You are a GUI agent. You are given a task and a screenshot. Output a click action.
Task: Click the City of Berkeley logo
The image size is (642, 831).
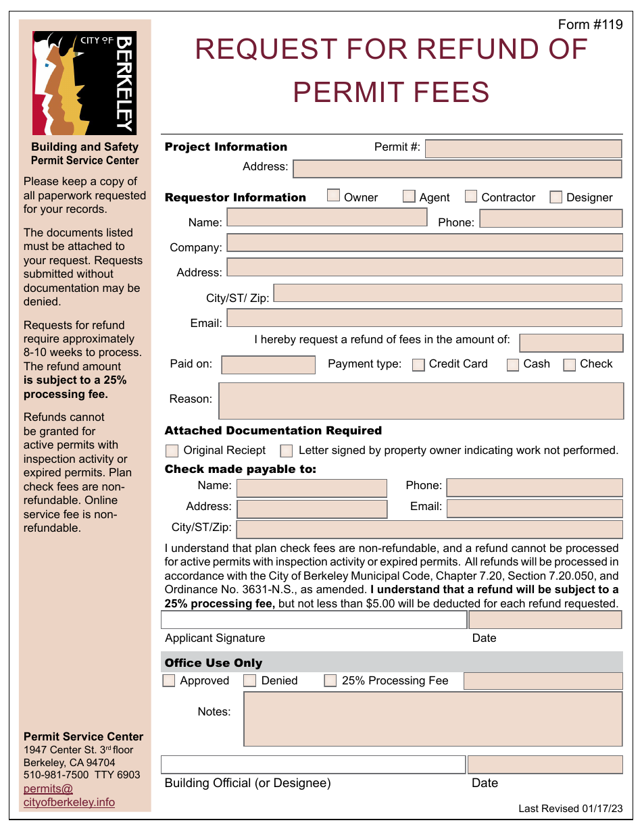(84, 83)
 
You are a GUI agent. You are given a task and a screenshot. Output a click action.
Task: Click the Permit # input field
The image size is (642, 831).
(523, 149)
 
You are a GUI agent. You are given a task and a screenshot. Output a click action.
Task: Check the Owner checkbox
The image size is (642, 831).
(333, 196)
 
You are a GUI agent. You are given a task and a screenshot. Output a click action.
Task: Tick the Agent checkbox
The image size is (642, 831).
(409, 197)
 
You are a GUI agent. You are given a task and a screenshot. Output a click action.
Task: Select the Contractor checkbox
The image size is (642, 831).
(471, 197)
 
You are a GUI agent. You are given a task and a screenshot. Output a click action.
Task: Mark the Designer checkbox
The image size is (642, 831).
(556, 197)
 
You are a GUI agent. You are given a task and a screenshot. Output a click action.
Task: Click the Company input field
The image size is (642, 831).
(424, 243)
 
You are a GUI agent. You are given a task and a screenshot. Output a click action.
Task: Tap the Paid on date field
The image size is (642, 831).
(268, 365)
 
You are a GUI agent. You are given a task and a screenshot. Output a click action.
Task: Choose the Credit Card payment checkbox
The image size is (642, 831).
(418, 365)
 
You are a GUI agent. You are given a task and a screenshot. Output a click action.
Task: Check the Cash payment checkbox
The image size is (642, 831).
(513, 365)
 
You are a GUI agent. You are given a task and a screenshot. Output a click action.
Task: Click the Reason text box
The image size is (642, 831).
(421, 401)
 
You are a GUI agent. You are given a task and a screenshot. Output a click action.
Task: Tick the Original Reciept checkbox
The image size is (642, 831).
(172, 451)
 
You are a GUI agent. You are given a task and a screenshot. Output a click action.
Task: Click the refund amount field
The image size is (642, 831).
(571, 343)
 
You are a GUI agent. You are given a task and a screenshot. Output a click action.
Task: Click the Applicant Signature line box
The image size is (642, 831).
(314, 620)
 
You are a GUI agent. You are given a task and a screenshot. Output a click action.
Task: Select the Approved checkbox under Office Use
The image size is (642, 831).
(169, 681)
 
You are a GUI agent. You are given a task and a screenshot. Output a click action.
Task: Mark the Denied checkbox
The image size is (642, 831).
(250, 681)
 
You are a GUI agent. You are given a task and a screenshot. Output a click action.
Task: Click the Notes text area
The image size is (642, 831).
(433, 719)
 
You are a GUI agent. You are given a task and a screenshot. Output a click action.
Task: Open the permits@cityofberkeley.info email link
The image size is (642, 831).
(68, 796)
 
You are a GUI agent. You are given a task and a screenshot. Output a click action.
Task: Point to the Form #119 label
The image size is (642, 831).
(590, 25)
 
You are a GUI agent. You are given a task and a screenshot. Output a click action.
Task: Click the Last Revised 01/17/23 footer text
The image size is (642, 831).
(570, 809)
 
